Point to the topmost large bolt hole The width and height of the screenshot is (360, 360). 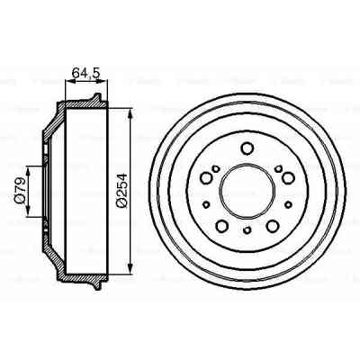246,148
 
